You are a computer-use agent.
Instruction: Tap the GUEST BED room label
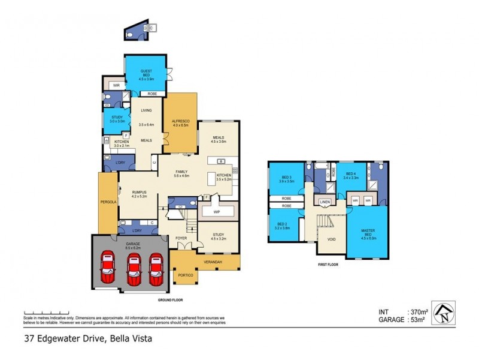[146, 73]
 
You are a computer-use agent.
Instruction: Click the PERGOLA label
[108, 202]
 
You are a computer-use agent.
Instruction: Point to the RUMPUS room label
[138, 192]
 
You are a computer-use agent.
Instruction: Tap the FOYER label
[181, 238]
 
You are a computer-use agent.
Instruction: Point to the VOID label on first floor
[331, 239]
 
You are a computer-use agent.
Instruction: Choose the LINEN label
[325, 202]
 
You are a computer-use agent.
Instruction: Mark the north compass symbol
[443, 313]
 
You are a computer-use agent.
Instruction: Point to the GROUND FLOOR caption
[170, 299]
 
